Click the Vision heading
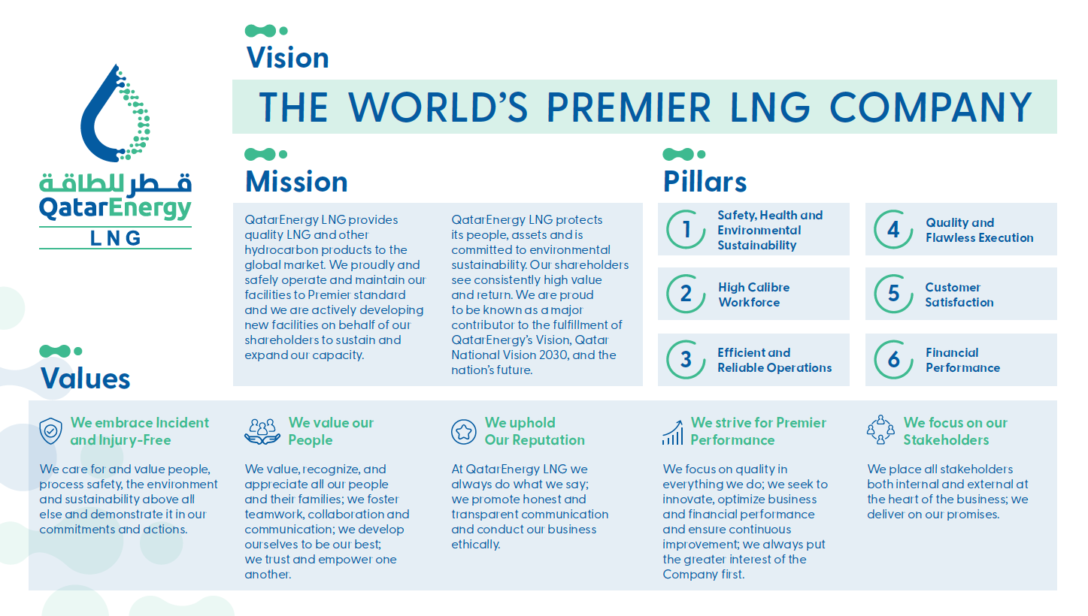(x=287, y=58)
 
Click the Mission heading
(x=296, y=182)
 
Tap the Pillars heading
(x=705, y=182)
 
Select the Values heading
(x=85, y=378)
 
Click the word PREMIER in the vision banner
(x=629, y=107)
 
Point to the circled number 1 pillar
(x=686, y=229)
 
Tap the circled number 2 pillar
(x=686, y=294)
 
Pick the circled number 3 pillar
(x=686, y=359)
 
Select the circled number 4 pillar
(x=893, y=229)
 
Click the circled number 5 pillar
(x=893, y=294)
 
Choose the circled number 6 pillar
(x=893, y=359)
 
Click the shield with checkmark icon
(x=50, y=430)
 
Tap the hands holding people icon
(x=262, y=431)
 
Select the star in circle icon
(x=463, y=431)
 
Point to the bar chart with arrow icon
(x=672, y=432)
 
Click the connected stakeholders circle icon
(x=880, y=430)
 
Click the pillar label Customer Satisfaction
(x=959, y=294)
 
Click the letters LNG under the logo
(x=116, y=238)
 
